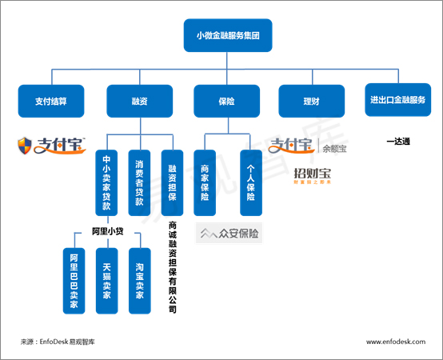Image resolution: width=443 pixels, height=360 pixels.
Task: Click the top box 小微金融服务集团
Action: click(x=228, y=35)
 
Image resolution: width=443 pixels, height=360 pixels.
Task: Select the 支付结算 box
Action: click(x=51, y=101)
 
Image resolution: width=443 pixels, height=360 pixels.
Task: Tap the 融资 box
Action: click(x=140, y=101)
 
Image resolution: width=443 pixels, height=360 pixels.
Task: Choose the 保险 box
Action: click(x=226, y=101)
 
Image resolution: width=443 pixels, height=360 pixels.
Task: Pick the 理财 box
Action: click(x=312, y=101)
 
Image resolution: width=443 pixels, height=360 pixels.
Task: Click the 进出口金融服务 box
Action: click(x=397, y=100)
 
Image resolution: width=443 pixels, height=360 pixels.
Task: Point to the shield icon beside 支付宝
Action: click(x=25, y=146)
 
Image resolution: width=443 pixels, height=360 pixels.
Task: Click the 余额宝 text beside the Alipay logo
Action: click(x=334, y=149)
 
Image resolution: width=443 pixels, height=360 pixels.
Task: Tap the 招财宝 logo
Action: click(x=312, y=176)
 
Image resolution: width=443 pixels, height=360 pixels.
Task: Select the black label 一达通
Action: click(x=398, y=142)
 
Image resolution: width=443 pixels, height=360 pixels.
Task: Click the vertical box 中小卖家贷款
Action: click(x=106, y=182)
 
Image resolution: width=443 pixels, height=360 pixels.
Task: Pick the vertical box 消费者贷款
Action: click(x=139, y=182)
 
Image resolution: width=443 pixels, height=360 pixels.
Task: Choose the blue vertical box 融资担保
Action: click(x=173, y=182)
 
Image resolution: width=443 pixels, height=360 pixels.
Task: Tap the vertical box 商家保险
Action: click(x=205, y=182)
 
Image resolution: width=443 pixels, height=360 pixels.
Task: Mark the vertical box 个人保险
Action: click(x=251, y=182)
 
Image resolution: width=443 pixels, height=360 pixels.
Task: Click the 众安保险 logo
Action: click(x=229, y=233)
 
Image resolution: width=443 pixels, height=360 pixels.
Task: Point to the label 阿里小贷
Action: click(x=108, y=231)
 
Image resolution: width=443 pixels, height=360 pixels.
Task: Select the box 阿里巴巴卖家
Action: click(x=74, y=281)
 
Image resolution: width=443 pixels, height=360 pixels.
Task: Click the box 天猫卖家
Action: click(x=107, y=281)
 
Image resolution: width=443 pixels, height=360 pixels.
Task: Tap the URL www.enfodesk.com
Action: click(x=396, y=342)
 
